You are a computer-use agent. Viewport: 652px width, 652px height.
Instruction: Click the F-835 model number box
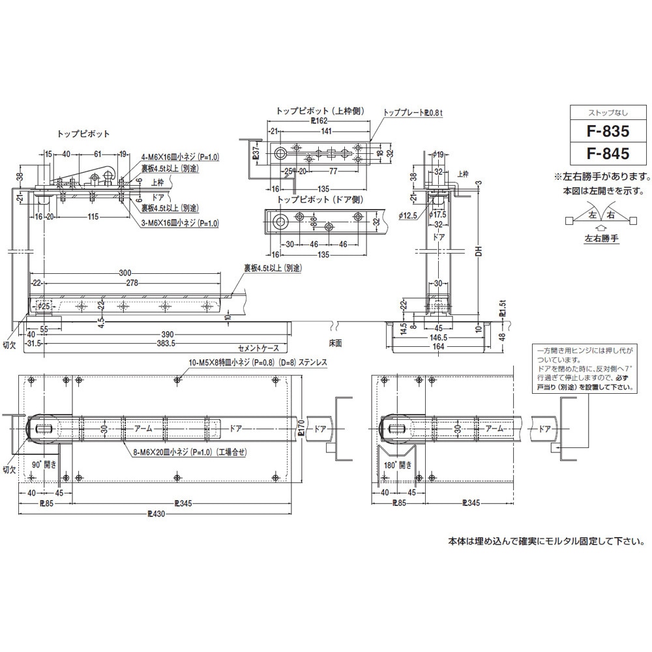tap(607, 131)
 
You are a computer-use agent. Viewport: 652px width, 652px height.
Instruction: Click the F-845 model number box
tap(607, 155)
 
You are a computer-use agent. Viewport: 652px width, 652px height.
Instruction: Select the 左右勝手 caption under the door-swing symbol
tap(601, 239)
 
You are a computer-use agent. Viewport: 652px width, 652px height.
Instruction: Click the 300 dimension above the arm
tap(125, 273)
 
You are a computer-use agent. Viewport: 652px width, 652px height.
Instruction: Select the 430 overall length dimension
tap(156, 514)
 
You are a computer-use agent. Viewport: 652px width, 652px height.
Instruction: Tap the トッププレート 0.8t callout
tap(413, 112)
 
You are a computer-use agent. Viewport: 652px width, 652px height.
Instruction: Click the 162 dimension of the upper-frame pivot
tap(318, 121)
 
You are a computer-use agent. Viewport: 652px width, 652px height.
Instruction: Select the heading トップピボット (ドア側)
tap(319, 200)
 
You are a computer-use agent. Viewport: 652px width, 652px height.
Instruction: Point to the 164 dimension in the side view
tap(438, 347)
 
